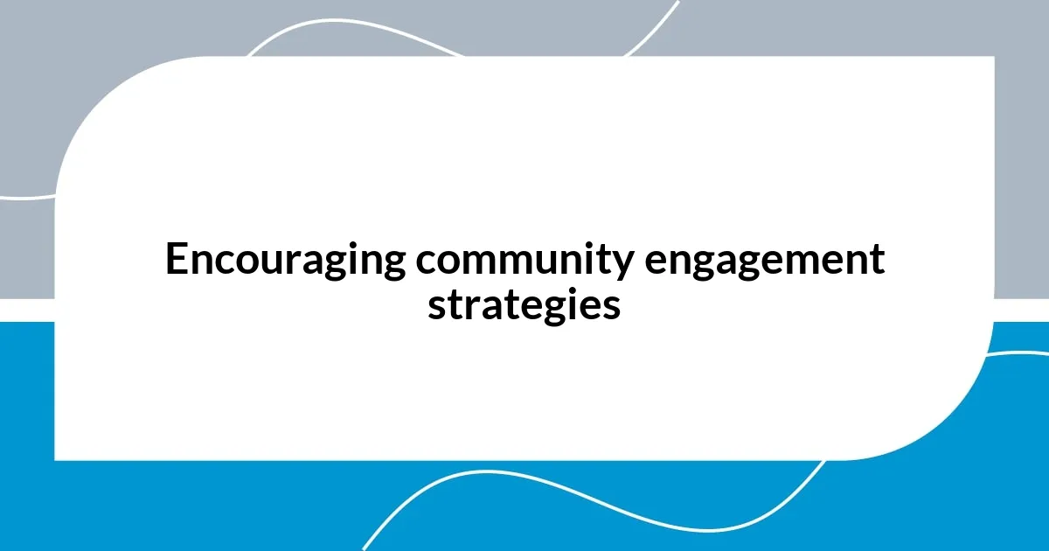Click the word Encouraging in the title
pyautogui.click(x=285, y=261)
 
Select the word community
pyautogui.click(x=522, y=261)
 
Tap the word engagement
pyautogui.click(x=765, y=261)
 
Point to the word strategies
pyautogui.click(x=524, y=305)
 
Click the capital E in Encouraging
pyautogui.click(x=176, y=260)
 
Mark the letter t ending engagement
pyautogui.click(x=878, y=261)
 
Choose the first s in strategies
pyautogui.click(x=435, y=307)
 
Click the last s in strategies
pyautogui.click(x=612, y=307)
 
